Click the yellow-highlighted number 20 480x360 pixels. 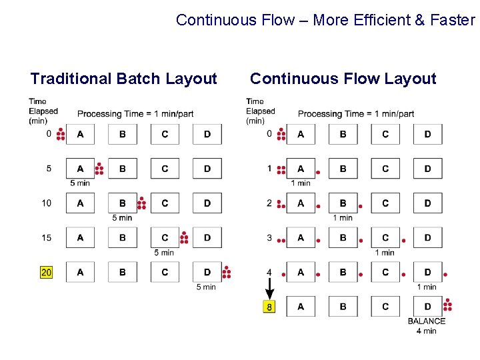pos(47,272)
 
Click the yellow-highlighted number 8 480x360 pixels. pos(269,307)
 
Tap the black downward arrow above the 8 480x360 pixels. pos(269,289)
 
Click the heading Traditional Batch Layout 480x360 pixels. pos(124,79)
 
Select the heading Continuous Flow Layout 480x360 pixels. pos(343,79)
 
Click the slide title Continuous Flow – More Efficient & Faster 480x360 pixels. pos(325,20)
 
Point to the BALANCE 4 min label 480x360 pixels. pos(427,325)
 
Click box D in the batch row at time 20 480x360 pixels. pos(207,272)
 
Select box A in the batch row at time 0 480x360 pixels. pos(81,134)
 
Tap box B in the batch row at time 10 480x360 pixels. pos(123,203)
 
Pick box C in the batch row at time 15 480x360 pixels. pos(165,237)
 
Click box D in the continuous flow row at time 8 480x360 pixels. pos(427,307)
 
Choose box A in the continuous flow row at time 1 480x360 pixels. pos(301,169)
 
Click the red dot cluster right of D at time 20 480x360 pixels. pos(226,271)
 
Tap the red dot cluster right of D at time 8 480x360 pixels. pos(447,305)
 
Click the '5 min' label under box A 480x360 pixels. pos(80,183)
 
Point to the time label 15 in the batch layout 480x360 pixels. pos(47,237)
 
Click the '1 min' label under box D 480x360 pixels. pos(427,287)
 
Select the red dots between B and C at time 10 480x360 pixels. pos(141,203)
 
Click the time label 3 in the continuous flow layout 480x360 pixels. pos(269,237)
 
